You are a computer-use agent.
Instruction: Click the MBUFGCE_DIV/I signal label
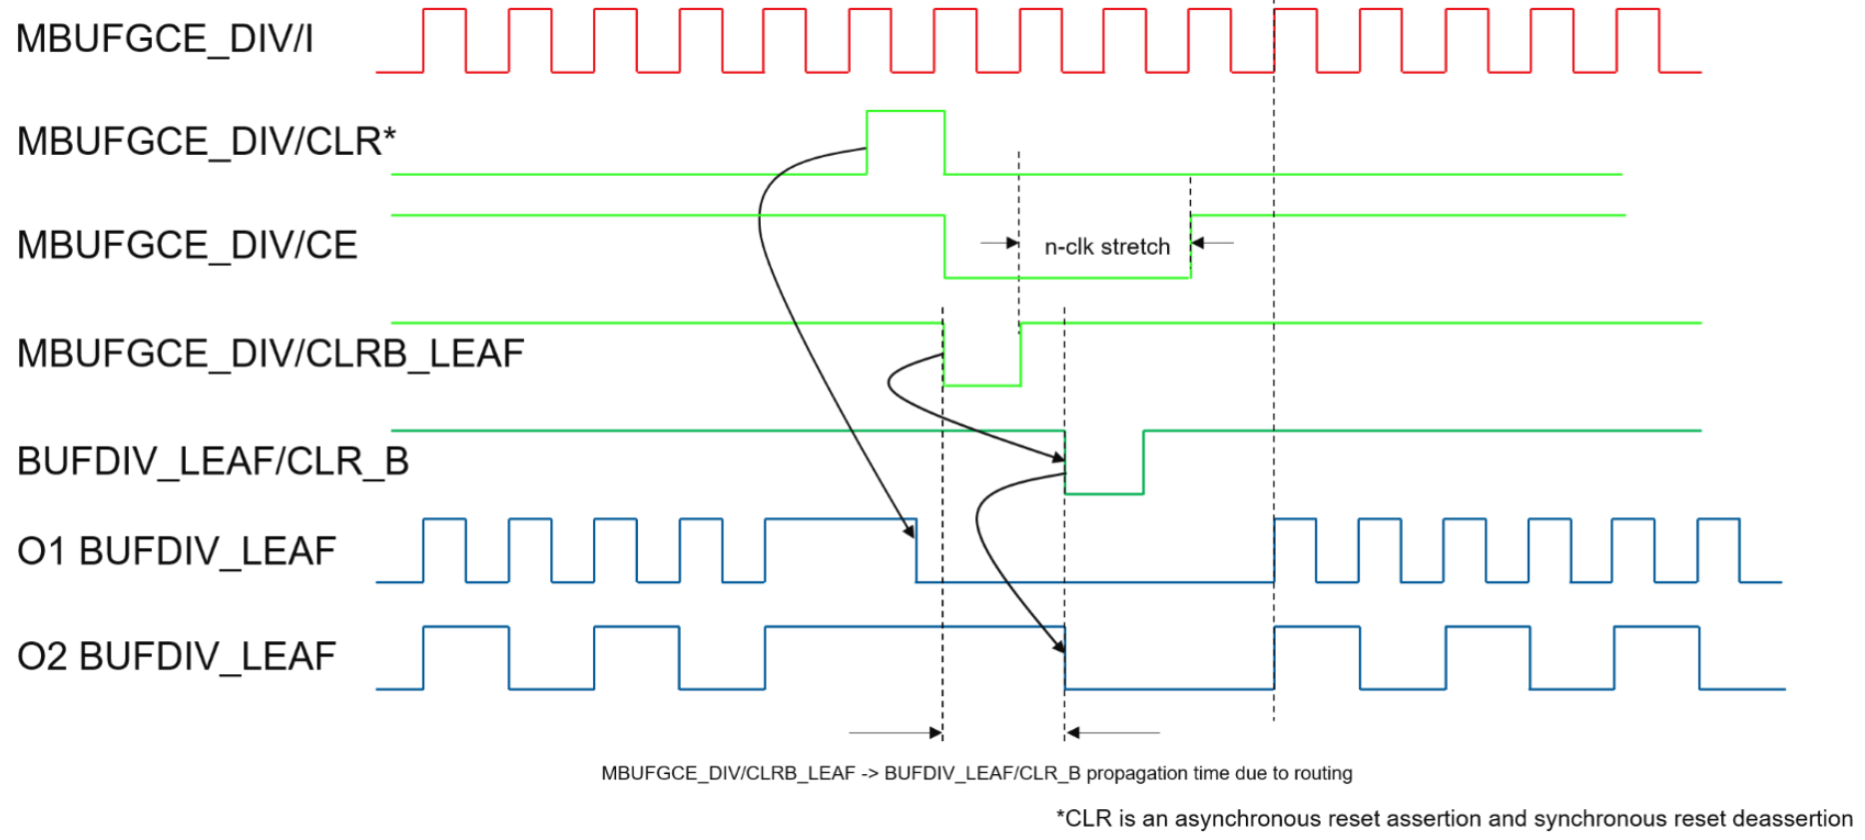pyautogui.click(x=165, y=39)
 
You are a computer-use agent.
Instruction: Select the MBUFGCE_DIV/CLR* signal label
pyautogui.click(x=206, y=142)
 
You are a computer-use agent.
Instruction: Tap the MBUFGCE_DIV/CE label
pyautogui.click(x=187, y=246)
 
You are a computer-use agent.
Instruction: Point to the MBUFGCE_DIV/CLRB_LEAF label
pyautogui.click(x=270, y=354)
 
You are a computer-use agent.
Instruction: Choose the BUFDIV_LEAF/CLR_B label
pyautogui.click(x=213, y=461)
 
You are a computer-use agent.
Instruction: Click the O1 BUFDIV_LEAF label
pyautogui.click(x=176, y=551)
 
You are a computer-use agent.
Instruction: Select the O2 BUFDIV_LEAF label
pyautogui.click(x=176, y=657)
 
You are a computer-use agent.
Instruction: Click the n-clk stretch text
pyautogui.click(x=1106, y=247)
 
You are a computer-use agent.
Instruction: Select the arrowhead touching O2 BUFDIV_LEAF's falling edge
pyautogui.click(x=1059, y=646)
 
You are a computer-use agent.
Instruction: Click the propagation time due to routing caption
pyautogui.click(x=976, y=773)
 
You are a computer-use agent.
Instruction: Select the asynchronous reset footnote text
pyautogui.click(x=1454, y=819)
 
